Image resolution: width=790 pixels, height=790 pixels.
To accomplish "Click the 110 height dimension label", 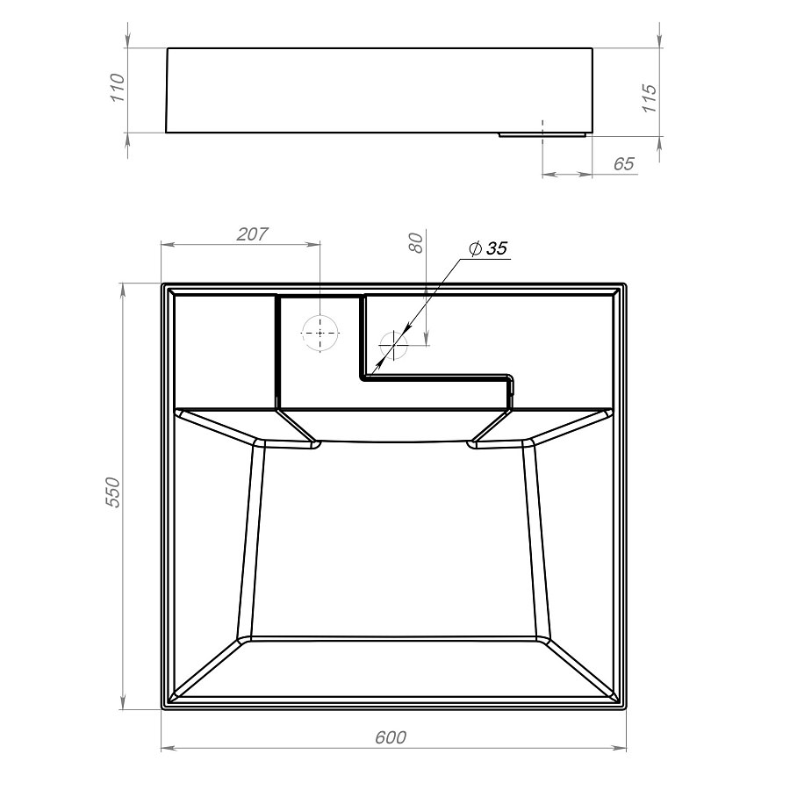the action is click(x=117, y=88).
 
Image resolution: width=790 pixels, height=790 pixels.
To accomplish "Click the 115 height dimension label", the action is click(x=650, y=98).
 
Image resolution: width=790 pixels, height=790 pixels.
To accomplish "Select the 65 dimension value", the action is click(x=624, y=164).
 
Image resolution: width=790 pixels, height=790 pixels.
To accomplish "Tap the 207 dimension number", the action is click(x=253, y=233).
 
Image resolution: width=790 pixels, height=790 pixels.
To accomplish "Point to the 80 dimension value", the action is click(x=416, y=243).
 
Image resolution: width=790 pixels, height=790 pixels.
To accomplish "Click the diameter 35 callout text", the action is click(x=488, y=248).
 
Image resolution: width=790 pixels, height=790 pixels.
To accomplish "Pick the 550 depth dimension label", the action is click(x=113, y=492).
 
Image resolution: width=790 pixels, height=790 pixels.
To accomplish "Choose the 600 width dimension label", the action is click(x=391, y=737).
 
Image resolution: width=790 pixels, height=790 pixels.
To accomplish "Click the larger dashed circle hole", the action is click(x=320, y=333).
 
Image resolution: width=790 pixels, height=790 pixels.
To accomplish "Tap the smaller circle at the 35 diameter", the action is click(x=393, y=346).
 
